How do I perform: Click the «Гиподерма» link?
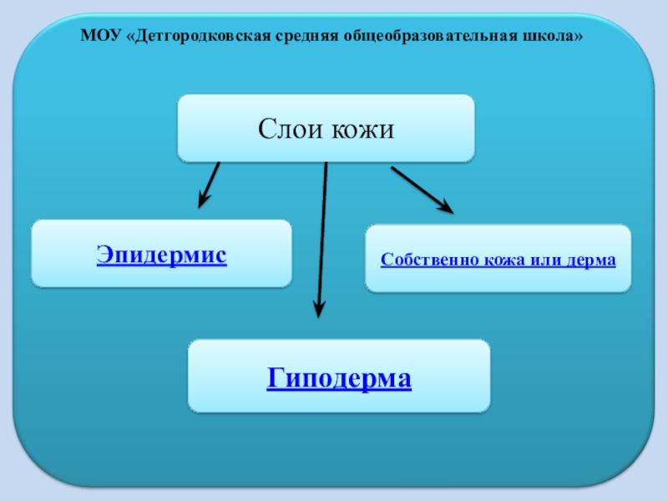[x=339, y=378]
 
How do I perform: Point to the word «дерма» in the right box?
[x=590, y=260]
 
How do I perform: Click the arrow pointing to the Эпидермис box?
[x=210, y=183]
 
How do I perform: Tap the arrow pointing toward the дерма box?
[x=421, y=189]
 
